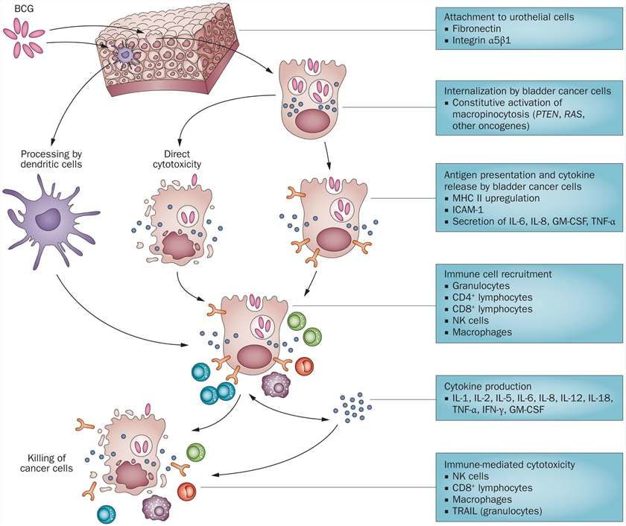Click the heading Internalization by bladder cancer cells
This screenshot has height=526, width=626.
point(527,90)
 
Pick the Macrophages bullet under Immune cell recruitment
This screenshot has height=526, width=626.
point(481,332)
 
